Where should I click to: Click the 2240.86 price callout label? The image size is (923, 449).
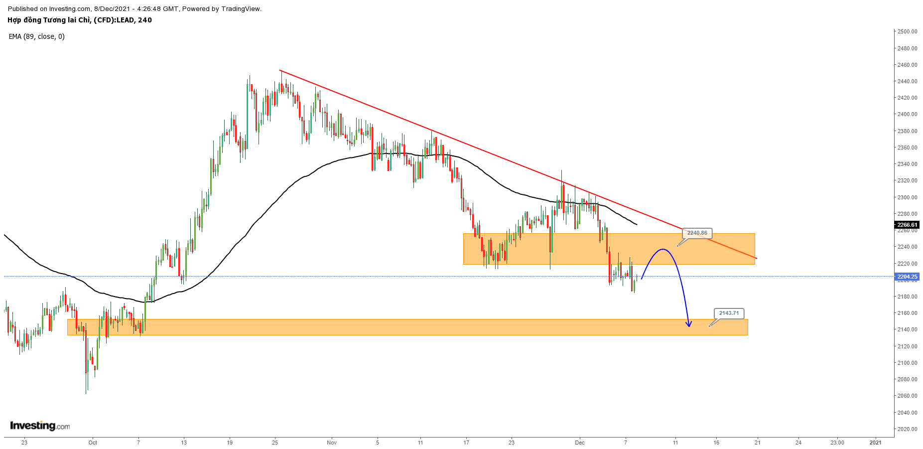click(697, 233)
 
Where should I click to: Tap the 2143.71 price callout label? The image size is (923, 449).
click(729, 313)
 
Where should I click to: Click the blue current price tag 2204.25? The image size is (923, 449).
click(907, 277)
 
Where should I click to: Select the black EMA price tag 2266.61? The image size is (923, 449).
click(907, 225)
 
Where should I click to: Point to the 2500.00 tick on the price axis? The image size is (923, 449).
click(907, 31)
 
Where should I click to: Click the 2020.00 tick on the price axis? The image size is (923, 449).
click(907, 429)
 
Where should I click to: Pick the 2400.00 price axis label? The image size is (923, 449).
click(907, 114)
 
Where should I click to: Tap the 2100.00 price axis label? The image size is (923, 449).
click(907, 363)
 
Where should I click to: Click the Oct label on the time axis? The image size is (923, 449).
click(93, 443)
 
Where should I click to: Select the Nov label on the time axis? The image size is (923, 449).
click(332, 443)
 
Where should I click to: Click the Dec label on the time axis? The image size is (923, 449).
click(579, 443)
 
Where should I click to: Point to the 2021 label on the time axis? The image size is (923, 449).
click(875, 443)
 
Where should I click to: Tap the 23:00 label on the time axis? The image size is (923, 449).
click(837, 443)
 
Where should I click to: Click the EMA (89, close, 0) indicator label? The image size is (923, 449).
click(37, 36)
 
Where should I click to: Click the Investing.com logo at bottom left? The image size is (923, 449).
click(40, 426)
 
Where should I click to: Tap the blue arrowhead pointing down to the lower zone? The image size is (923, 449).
click(689, 324)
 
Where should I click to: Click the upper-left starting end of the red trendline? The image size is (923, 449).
click(280, 70)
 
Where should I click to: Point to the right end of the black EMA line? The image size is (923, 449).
click(637, 224)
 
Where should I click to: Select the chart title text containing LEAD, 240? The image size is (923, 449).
click(80, 20)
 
